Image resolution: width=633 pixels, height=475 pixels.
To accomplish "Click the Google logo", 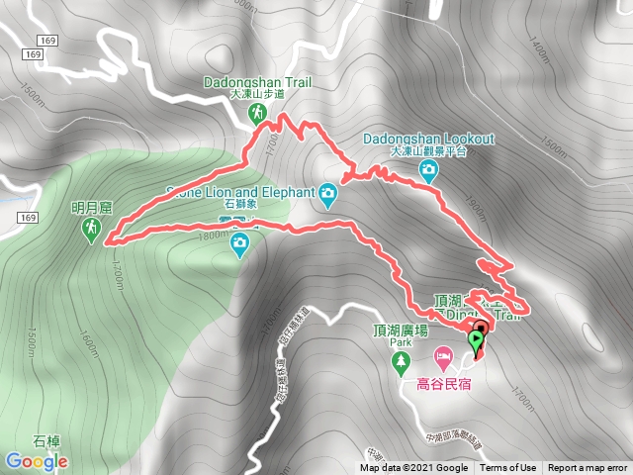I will (36, 461).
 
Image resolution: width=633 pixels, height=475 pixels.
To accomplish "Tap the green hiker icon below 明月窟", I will (91, 231).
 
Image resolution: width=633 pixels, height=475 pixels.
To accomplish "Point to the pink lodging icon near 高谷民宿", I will (444, 354).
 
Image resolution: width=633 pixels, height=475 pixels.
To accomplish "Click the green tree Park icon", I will (400, 363).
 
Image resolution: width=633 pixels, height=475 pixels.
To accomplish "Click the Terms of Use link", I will (508, 468).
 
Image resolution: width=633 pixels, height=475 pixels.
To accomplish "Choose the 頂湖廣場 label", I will (401, 331).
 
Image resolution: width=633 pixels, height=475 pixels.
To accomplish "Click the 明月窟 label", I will (92, 208).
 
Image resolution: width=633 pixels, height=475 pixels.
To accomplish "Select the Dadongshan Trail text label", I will (257, 82).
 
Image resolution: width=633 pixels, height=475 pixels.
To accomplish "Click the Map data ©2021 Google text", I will (413, 468).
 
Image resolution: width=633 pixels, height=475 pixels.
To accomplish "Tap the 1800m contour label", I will (211, 235).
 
